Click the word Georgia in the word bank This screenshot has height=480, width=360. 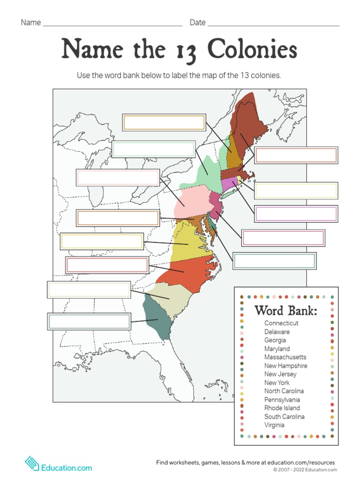(275, 340)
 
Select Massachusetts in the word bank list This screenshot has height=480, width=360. (285, 357)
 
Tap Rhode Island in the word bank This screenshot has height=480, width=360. (282, 408)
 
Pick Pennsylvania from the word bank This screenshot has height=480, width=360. (282, 399)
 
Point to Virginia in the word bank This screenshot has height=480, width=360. (274, 425)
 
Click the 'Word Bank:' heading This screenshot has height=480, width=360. (286, 311)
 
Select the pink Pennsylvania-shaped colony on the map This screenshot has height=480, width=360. (192, 202)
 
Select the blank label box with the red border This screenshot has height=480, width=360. (107, 265)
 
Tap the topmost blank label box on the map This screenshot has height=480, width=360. (164, 122)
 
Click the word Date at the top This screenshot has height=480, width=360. (197, 22)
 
